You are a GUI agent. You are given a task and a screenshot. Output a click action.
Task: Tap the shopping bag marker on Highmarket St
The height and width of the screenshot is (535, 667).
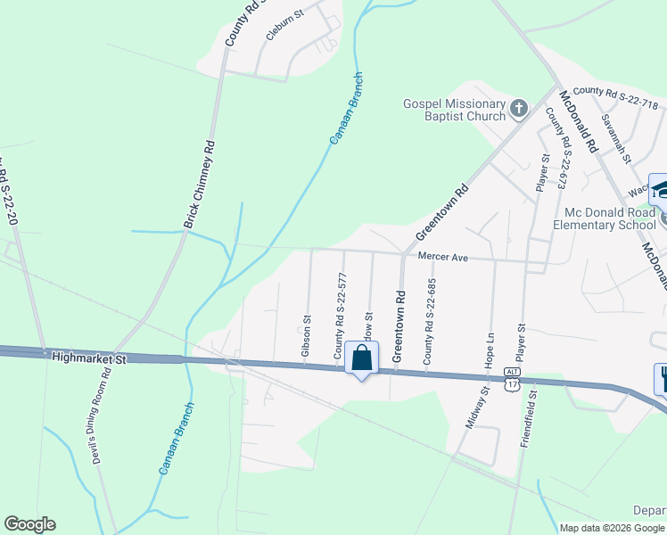(361, 359)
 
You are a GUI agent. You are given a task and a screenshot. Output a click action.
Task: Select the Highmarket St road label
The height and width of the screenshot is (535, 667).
(90, 357)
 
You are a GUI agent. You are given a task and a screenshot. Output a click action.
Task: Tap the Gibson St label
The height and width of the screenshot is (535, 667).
(306, 336)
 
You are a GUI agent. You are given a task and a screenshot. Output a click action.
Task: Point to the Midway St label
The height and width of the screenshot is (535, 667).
(478, 407)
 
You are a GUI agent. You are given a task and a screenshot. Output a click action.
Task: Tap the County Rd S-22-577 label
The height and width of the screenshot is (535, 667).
(340, 317)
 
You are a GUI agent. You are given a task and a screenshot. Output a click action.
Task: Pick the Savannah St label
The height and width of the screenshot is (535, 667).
(615, 137)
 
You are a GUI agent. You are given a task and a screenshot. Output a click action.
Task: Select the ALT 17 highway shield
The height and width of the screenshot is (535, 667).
(511, 378)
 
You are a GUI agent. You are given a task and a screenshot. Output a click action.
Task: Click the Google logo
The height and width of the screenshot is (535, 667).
(29, 524)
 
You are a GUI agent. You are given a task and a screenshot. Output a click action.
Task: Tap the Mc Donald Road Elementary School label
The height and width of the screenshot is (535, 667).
(611, 218)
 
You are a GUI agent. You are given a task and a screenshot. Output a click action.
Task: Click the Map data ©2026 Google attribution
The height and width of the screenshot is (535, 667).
(612, 528)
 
